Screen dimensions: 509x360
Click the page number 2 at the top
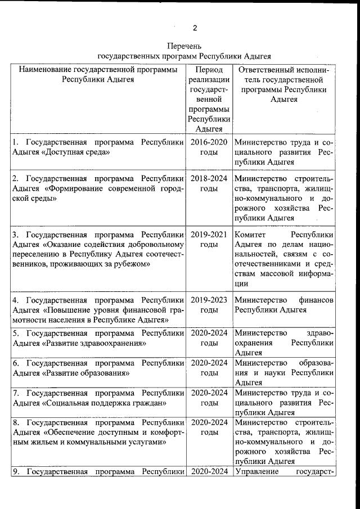tap(195, 28)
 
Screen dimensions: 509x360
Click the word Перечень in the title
tap(184, 46)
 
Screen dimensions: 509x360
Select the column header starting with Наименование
tap(98, 75)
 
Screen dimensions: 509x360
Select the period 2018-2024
tap(209, 178)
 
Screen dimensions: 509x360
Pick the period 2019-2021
tap(209, 235)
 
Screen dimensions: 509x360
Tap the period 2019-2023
tap(209, 300)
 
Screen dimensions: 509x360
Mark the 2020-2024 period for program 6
tap(209, 363)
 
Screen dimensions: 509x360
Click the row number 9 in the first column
tap(15, 471)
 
